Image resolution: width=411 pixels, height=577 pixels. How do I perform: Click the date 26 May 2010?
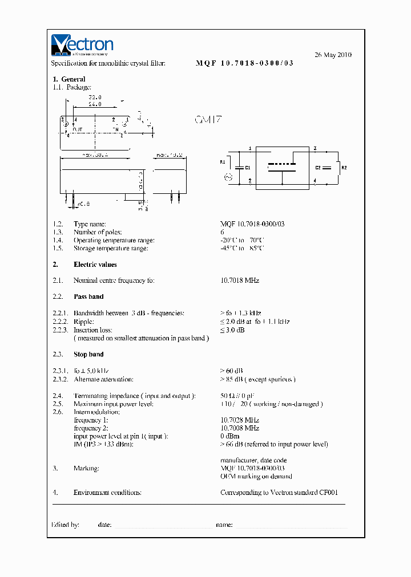click(333, 55)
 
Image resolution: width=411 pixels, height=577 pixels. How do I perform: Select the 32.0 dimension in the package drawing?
click(94, 97)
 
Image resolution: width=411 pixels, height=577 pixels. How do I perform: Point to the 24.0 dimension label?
click(95, 104)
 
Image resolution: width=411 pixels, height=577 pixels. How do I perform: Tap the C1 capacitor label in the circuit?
click(247, 168)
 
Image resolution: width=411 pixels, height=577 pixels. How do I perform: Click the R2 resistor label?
click(343, 168)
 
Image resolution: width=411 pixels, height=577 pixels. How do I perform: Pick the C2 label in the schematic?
click(319, 168)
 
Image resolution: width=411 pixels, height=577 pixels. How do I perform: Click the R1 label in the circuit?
click(223, 162)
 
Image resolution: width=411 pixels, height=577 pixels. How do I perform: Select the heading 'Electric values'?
click(95, 265)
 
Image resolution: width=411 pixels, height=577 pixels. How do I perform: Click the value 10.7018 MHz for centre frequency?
click(240, 281)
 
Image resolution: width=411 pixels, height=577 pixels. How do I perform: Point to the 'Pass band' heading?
click(88, 296)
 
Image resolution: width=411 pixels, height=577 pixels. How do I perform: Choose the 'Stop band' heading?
click(88, 355)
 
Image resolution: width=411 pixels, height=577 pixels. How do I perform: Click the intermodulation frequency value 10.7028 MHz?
click(240, 420)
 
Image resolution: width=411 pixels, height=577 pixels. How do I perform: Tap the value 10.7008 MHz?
click(240, 428)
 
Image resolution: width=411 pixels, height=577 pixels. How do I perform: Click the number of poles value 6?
click(223, 232)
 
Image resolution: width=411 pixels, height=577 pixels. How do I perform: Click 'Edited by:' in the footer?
click(65, 525)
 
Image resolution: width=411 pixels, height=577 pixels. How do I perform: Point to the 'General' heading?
click(73, 79)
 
